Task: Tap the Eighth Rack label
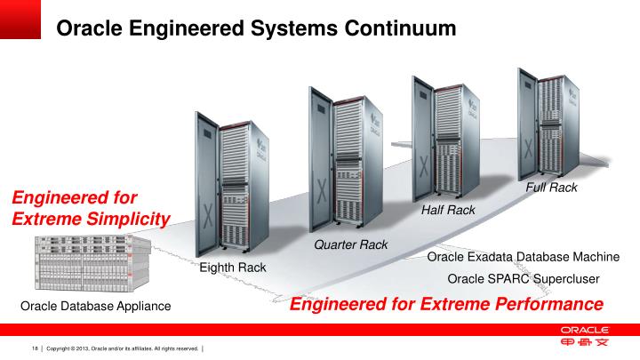(232, 268)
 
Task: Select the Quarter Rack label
(348, 244)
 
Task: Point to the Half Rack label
(448, 210)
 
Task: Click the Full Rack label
(551, 188)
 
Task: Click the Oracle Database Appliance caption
(95, 308)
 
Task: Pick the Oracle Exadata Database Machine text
(523, 257)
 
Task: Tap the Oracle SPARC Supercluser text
(523, 279)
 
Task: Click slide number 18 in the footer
(36, 348)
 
